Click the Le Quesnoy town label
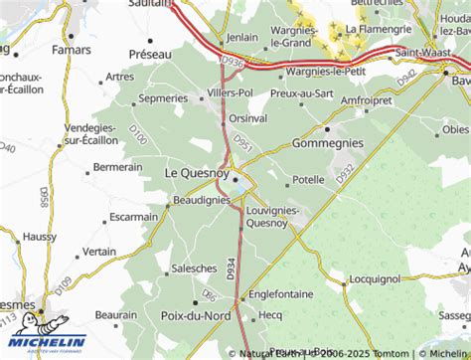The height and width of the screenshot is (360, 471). (x=194, y=173)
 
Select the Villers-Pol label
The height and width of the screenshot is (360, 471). (x=230, y=92)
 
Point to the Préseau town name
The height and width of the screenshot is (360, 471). (x=151, y=54)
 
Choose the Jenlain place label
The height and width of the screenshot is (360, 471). (x=241, y=37)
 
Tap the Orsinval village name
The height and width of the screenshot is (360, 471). (x=247, y=117)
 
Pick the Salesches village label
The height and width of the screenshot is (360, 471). (x=194, y=268)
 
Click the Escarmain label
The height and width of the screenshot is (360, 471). (x=134, y=216)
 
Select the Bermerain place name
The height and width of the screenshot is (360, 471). (x=118, y=167)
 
